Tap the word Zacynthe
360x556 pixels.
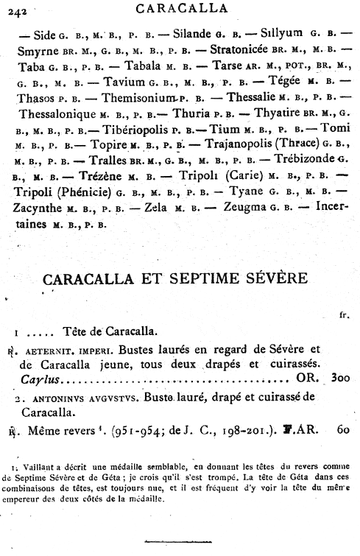[x=40, y=210]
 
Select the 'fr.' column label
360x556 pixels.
[x=343, y=315]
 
